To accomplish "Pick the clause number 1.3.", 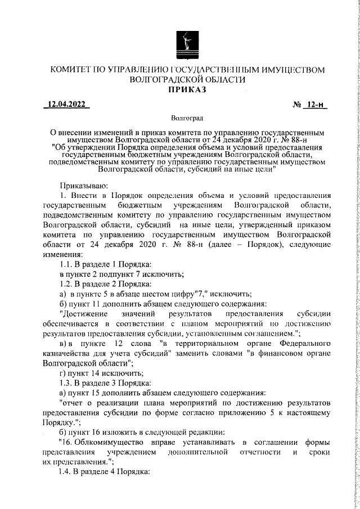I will [67, 375].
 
